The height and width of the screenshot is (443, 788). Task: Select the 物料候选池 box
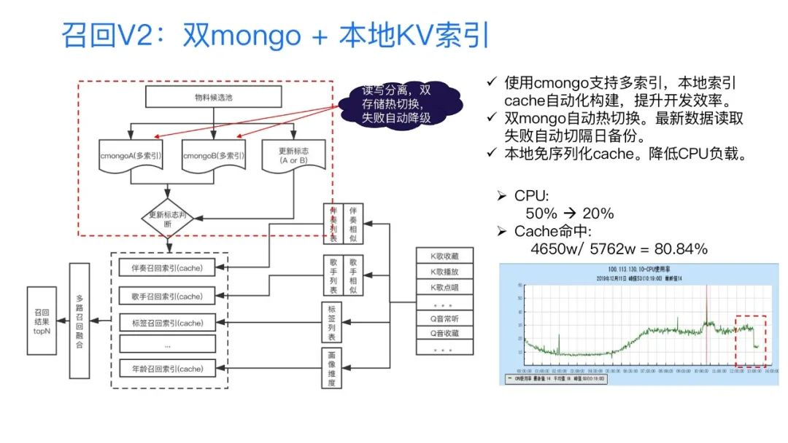click(x=212, y=97)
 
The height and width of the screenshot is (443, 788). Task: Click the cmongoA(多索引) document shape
click(x=131, y=155)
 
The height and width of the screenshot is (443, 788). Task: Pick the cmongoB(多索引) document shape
click(x=213, y=155)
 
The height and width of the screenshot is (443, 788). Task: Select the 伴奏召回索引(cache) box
click(x=167, y=267)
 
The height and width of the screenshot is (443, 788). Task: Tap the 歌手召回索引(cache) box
click(x=167, y=296)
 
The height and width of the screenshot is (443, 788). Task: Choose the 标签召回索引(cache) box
click(x=167, y=322)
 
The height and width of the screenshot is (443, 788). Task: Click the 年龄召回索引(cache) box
click(x=167, y=367)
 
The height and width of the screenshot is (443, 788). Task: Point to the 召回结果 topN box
click(x=41, y=321)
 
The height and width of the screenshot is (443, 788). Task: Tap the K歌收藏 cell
click(x=445, y=255)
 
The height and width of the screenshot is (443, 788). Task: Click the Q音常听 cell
click(x=445, y=318)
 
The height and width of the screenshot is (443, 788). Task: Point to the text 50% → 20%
click(x=569, y=213)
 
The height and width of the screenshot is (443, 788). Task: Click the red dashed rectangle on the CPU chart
click(x=749, y=341)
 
